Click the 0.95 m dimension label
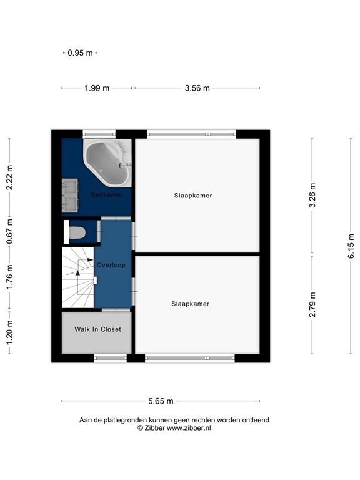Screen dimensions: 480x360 (81, 53)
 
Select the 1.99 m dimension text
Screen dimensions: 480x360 (97, 88)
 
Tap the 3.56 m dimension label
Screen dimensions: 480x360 (197, 88)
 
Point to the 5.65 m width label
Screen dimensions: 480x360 (161, 401)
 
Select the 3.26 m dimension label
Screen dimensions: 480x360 (313, 196)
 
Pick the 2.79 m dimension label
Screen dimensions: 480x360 (313, 305)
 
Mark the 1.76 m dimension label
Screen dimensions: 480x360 (9, 276)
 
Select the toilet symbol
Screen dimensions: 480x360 (77, 233)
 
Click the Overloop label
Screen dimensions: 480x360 (111, 265)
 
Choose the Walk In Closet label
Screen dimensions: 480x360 (97, 329)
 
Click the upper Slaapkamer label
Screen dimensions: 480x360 (193, 196)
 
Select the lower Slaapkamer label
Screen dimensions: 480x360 (191, 304)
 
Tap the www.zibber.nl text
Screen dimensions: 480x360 (187, 428)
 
